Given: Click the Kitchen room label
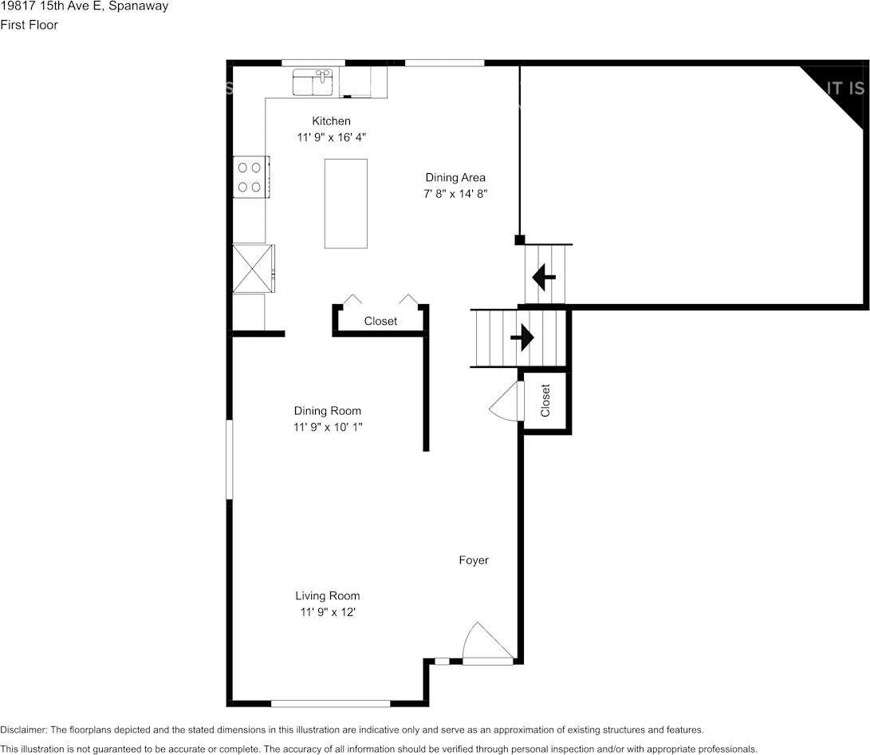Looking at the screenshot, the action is coord(331,121).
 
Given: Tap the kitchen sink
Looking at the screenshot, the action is coord(313,82).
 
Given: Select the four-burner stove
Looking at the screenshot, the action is coord(250,177).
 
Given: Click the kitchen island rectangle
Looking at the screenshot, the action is coord(345,204).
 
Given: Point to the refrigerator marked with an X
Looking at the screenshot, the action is coord(253,269).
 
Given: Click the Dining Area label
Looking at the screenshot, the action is coord(455,178).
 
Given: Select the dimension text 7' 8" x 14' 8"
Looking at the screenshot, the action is coord(455,194).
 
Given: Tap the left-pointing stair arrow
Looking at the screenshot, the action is coord(544,276).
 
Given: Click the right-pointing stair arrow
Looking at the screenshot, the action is coord(522,338).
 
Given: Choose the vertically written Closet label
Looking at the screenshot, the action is coord(545,401).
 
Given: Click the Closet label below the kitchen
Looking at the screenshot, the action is coord(380,321).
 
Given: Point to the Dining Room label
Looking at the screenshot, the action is coord(328,411).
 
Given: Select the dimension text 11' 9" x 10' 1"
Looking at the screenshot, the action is coord(328,427).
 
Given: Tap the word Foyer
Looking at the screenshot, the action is coord(474,560).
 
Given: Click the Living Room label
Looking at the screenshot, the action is coord(328,595).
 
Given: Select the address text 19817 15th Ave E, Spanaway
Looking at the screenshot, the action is coord(85,6).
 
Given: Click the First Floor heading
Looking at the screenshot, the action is coord(29,25).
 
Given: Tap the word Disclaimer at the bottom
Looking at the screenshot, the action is coord(23,730).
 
